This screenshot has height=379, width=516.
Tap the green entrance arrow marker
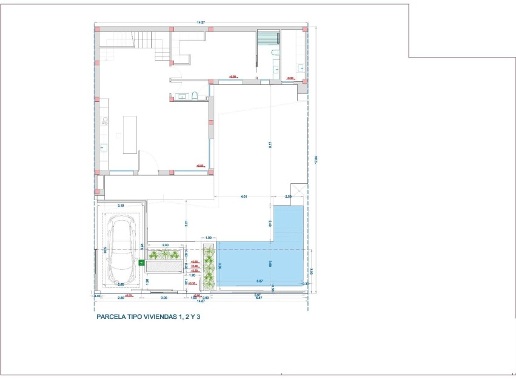(x=142, y=263)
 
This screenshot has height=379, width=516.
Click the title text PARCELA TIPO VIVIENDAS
(x=148, y=316)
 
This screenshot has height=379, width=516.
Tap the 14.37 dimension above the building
(x=201, y=22)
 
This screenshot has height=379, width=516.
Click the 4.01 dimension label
(x=243, y=196)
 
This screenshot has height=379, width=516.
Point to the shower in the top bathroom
(x=267, y=38)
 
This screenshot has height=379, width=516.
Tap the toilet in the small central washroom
(x=195, y=96)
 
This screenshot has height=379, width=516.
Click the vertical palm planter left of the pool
(x=209, y=267)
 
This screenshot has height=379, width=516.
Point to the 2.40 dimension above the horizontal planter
(x=165, y=245)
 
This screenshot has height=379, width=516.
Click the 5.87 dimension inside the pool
(x=259, y=281)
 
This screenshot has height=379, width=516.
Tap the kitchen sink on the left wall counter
(x=104, y=147)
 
